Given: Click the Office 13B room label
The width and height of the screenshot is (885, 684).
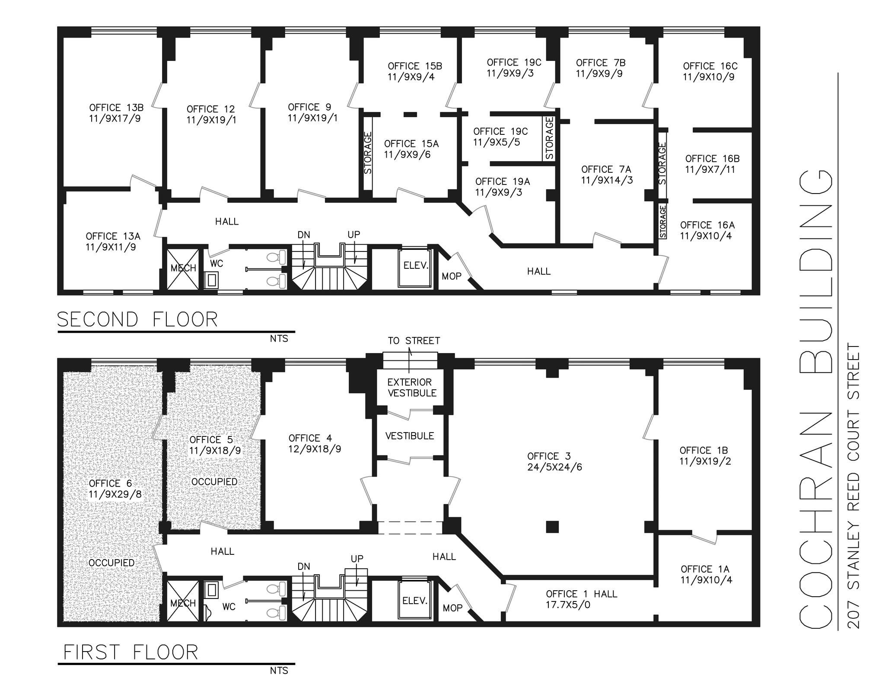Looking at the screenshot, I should click(116, 108).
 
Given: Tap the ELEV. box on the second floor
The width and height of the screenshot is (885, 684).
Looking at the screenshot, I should click(415, 266).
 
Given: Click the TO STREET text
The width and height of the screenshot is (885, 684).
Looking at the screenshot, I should click(414, 341).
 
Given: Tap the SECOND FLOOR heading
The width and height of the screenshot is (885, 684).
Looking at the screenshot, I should click(137, 320).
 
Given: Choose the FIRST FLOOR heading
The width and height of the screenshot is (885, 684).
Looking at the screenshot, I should click(131, 652).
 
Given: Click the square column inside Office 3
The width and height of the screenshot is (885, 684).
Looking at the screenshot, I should click(552, 527).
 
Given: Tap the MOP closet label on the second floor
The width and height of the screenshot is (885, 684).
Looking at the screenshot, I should click(452, 276).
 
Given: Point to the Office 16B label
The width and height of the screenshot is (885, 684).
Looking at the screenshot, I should click(712, 159).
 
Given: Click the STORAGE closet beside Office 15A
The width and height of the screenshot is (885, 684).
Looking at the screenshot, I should click(368, 153).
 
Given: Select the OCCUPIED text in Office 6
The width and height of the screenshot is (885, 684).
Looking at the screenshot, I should click(111, 563).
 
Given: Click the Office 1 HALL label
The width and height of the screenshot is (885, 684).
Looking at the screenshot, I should click(581, 594).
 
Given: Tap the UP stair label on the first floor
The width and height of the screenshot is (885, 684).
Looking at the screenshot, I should click(357, 559).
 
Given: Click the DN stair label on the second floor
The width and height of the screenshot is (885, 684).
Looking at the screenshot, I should click(304, 235).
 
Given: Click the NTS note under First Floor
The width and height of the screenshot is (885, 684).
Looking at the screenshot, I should click(279, 671).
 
